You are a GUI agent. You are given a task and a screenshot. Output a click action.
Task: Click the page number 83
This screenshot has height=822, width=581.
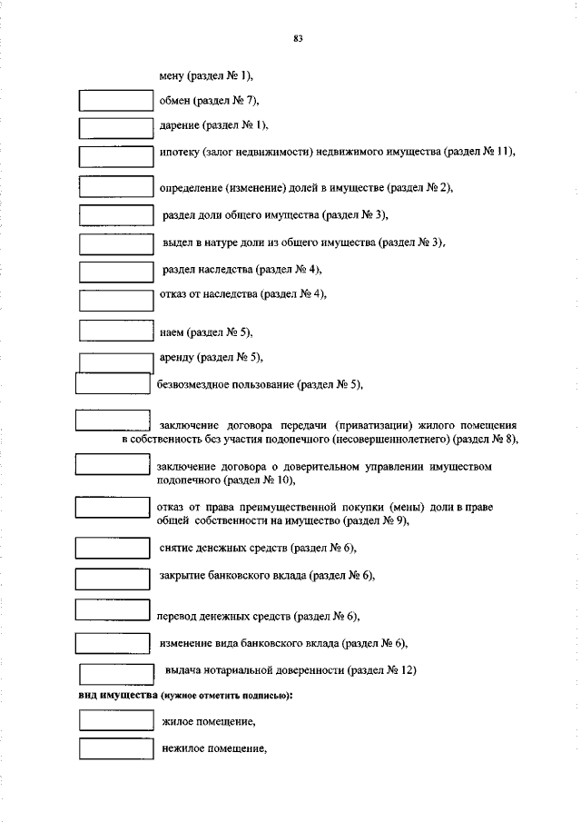coord(298,38)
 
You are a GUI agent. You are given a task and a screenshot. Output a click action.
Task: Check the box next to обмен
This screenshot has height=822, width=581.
coord(115,100)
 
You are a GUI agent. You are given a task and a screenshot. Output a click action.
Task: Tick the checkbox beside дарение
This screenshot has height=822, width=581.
coord(115,127)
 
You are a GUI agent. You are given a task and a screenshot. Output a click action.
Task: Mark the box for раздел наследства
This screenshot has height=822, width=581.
coord(115,272)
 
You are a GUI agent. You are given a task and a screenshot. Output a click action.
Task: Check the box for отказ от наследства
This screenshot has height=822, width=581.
coord(115,300)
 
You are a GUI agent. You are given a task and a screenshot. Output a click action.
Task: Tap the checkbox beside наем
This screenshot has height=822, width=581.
coord(115,332)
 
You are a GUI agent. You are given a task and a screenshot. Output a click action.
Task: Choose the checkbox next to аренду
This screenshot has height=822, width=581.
coord(115,361)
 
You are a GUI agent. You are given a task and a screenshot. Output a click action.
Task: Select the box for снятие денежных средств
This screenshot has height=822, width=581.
coord(111,548)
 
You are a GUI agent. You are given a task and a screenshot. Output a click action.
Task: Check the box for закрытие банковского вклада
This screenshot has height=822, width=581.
coord(111,578)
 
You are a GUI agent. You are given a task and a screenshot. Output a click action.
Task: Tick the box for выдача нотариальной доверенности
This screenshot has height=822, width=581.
coord(115,674)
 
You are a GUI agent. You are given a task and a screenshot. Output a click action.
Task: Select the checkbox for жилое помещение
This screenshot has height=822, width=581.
coord(115,720)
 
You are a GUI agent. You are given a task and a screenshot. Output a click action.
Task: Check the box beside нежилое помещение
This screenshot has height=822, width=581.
coord(115,749)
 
